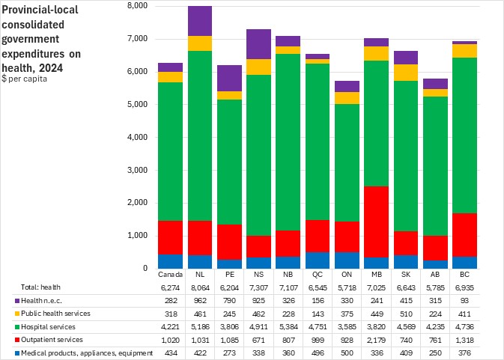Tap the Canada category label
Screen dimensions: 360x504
171,275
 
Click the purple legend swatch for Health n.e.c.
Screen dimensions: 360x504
6,301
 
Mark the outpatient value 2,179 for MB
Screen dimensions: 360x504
375,340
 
